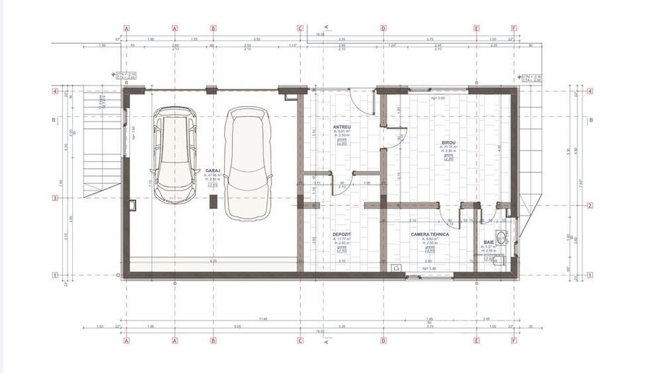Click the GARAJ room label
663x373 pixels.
(x=212, y=171)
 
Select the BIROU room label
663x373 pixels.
(x=447, y=142)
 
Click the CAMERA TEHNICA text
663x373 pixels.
(x=430, y=234)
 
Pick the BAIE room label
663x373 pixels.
(x=488, y=243)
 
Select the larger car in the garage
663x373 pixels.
(x=247, y=162)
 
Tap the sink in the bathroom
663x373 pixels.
(x=502, y=236)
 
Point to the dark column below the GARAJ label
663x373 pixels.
(x=213, y=202)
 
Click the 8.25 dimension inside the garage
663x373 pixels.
(x=212, y=261)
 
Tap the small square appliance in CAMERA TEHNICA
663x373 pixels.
(x=395, y=268)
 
